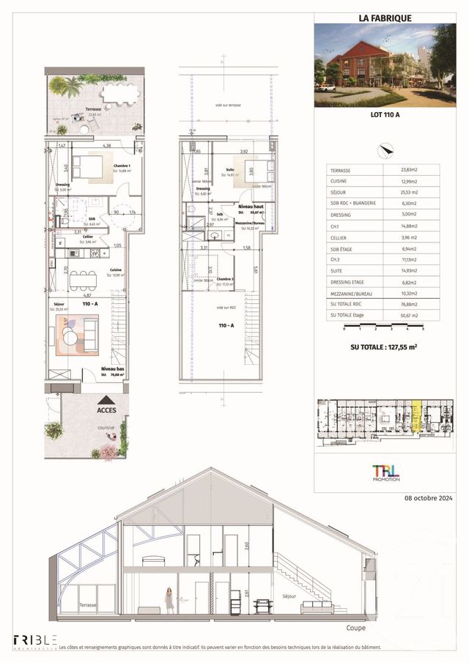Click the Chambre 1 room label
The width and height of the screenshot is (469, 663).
[122, 166]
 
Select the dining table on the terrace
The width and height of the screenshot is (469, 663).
[120, 94]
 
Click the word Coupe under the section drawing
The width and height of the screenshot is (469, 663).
[356, 629]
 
